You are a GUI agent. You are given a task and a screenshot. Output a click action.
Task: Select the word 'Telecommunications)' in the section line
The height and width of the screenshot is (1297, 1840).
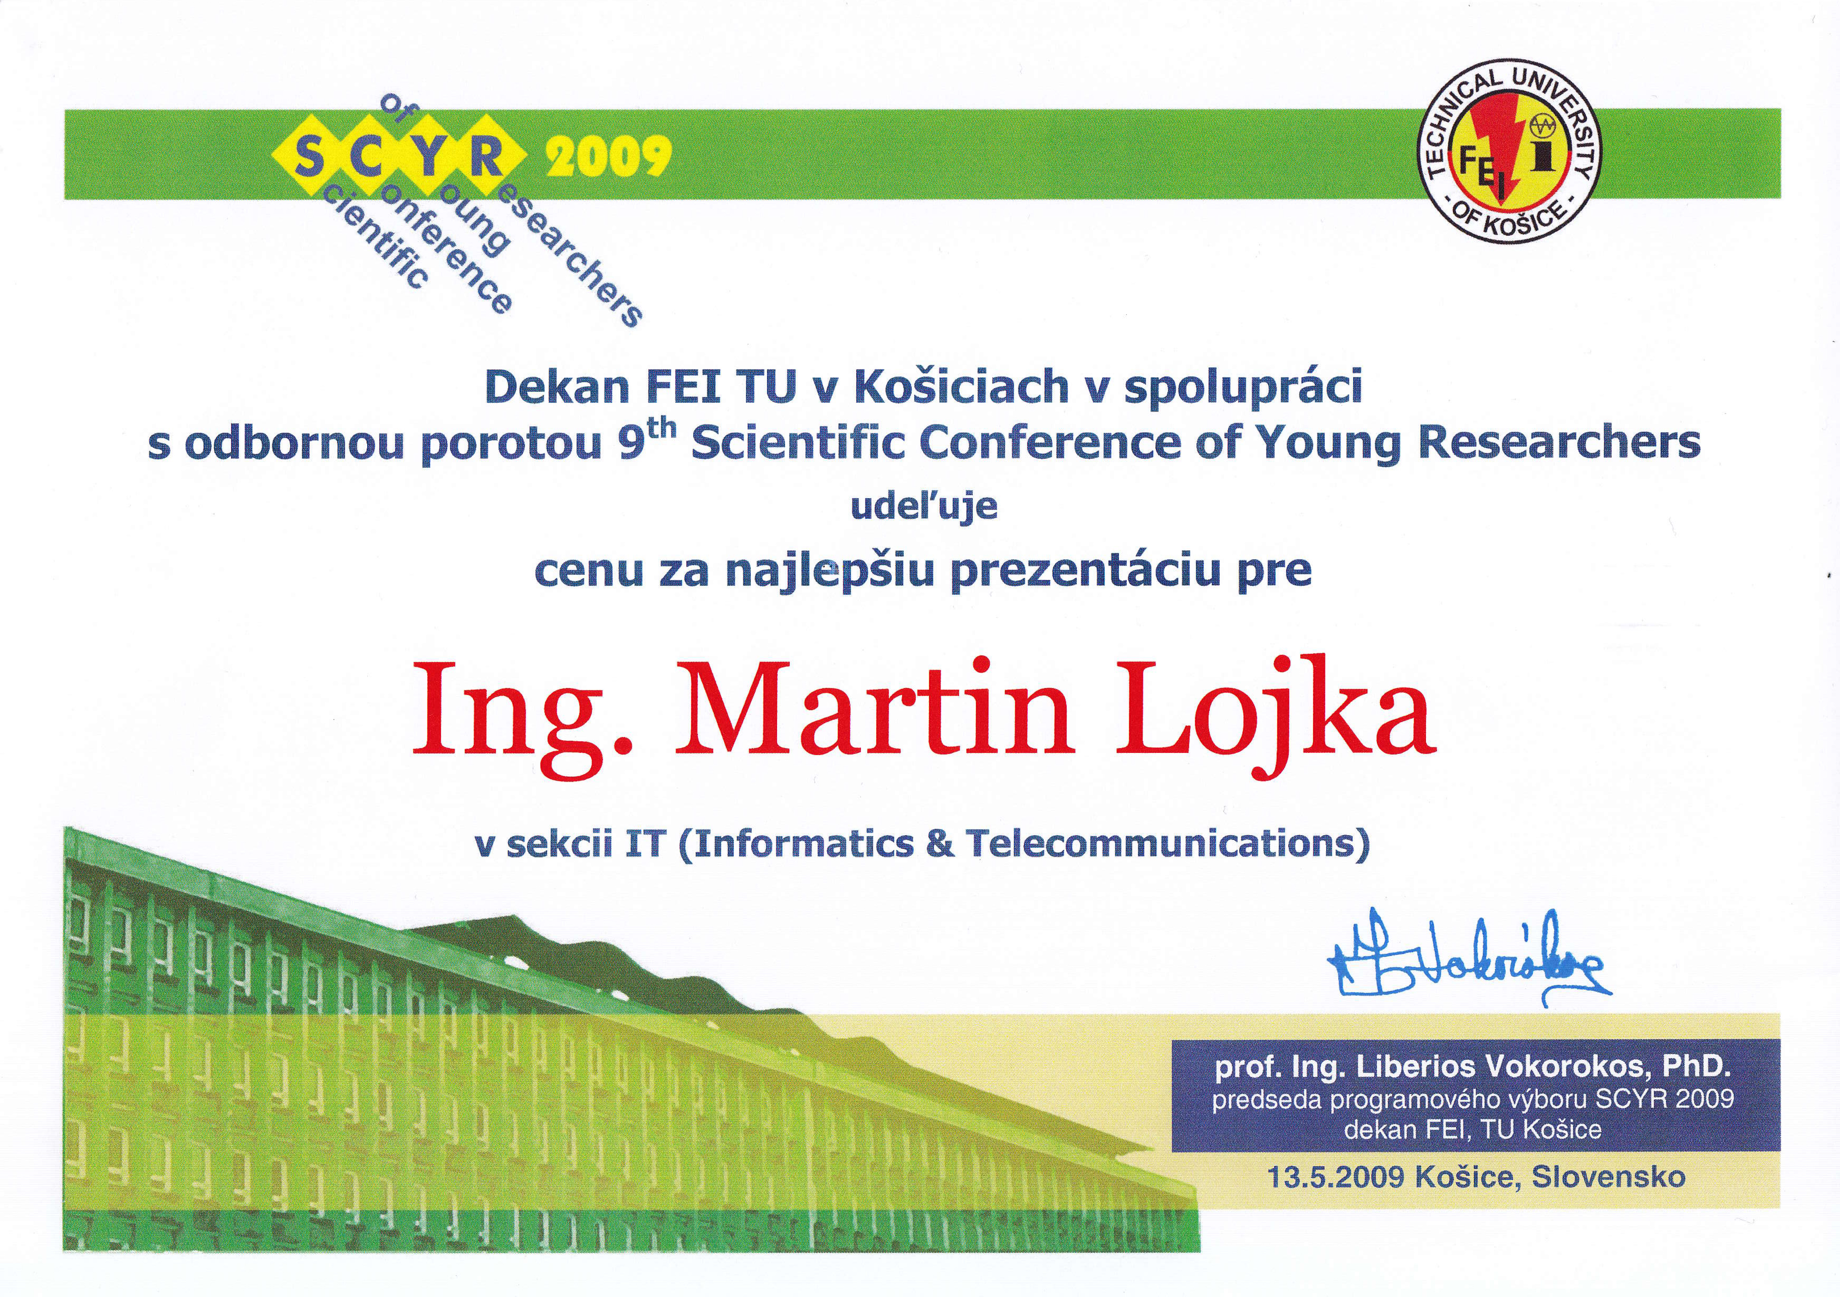tap(1168, 844)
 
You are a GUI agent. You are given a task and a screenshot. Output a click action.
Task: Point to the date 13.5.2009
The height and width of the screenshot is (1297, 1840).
tap(1336, 1177)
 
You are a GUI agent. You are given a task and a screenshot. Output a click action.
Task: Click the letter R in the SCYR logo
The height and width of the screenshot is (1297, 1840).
tap(486, 155)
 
